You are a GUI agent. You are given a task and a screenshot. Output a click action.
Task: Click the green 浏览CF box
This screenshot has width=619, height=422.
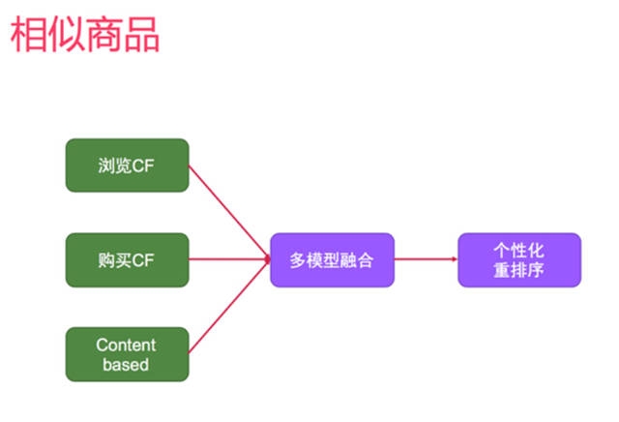click(x=127, y=166)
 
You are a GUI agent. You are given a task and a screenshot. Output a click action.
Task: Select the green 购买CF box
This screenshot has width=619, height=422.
click(x=127, y=259)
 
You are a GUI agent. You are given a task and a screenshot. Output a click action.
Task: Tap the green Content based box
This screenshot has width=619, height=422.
click(x=127, y=354)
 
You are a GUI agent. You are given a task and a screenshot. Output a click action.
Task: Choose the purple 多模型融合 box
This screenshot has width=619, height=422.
click(x=332, y=259)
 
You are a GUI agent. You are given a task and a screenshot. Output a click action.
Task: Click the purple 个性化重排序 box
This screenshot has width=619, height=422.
click(x=519, y=259)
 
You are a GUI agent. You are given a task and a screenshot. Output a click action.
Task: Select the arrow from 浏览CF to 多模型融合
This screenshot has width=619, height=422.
click(x=228, y=212)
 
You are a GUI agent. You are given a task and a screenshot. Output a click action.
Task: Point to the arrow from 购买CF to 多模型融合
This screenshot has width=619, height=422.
click(x=229, y=259)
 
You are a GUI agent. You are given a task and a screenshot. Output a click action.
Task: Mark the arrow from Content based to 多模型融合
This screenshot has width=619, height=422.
click(x=228, y=307)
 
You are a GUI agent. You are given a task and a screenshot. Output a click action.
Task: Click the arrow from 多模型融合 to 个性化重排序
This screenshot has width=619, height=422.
click(x=426, y=259)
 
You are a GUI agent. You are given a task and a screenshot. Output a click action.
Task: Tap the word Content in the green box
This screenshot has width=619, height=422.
click(x=127, y=345)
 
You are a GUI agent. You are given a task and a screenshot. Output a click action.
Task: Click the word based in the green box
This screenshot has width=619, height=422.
click(x=127, y=365)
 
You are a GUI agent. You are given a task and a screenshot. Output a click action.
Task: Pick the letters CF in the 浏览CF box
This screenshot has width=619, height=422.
click(x=144, y=166)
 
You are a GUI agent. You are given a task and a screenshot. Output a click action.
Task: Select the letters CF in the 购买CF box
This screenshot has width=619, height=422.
click(x=144, y=259)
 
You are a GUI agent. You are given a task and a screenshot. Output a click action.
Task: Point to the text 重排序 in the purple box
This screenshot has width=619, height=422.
click(x=519, y=270)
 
